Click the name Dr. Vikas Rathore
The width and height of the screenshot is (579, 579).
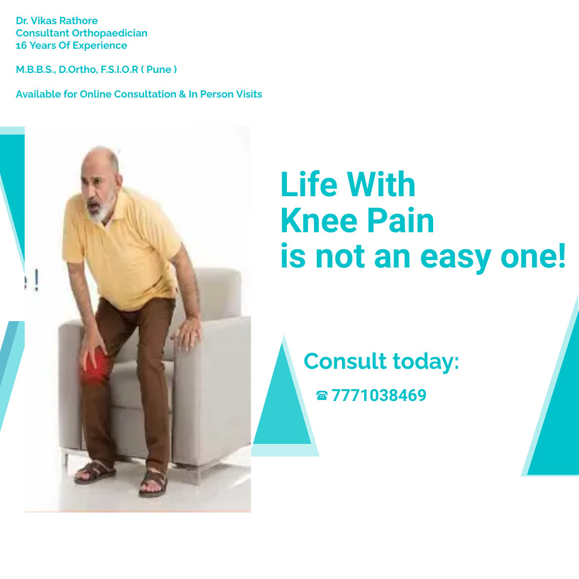[x=57, y=21]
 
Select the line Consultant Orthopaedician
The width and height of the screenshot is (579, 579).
[x=81, y=33]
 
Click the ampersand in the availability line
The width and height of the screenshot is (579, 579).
[x=182, y=94]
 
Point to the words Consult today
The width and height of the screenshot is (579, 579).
[x=381, y=361]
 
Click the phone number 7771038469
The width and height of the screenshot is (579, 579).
[x=378, y=395]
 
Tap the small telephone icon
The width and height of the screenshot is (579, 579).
[x=322, y=395]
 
